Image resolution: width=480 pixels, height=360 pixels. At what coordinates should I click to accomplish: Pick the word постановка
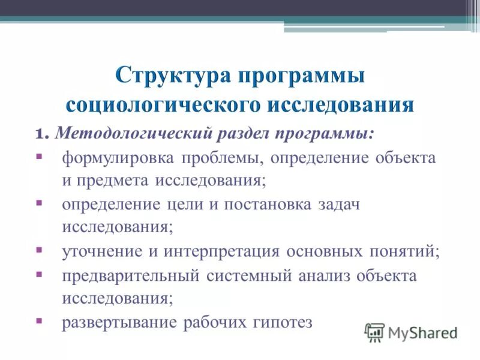click(x=268, y=204)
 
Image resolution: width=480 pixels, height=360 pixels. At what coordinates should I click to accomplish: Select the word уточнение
click(x=101, y=251)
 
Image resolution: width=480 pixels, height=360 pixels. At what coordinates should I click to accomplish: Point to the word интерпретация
click(x=217, y=251)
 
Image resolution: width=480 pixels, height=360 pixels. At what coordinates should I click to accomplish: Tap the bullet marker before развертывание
click(x=39, y=320)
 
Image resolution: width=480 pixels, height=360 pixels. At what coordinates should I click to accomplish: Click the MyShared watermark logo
click(x=412, y=331)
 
